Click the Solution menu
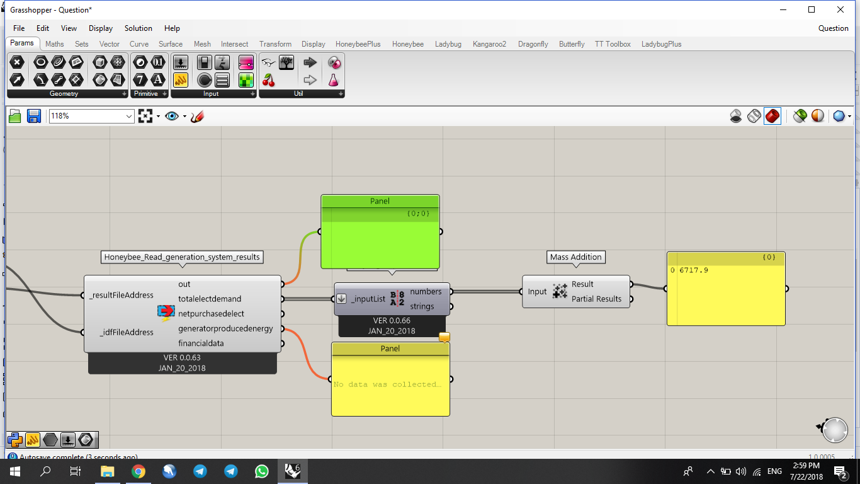coord(138,28)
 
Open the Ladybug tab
coord(448,44)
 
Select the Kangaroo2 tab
coord(489,44)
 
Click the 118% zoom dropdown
coord(92,116)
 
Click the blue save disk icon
coord(34,116)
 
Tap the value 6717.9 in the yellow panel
coord(694,270)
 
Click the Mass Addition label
coord(576,257)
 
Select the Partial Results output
coord(596,299)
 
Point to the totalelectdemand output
coord(210,299)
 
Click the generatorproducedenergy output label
coord(225,328)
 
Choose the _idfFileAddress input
coord(126,332)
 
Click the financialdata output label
coord(201,343)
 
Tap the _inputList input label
coord(368,299)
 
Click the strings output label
coord(422,306)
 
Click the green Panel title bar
coord(380,202)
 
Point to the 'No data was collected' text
coord(387,384)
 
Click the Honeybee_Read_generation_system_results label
coord(182,257)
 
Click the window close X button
coord(840,9)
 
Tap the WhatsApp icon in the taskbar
coord(262,471)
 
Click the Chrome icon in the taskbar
coord(139,471)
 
